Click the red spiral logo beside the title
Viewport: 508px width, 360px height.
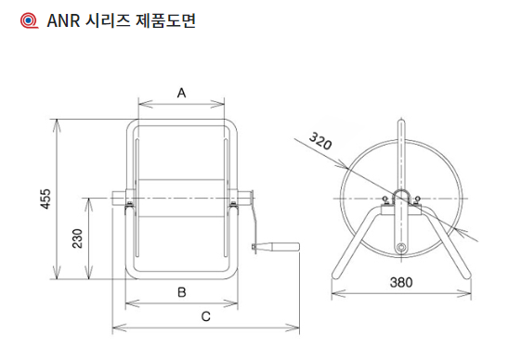point(29,20)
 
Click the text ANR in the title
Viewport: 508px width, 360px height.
point(63,21)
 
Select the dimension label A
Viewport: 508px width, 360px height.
point(181,93)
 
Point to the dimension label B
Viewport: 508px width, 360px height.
point(182,292)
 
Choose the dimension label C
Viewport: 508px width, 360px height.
point(206,316)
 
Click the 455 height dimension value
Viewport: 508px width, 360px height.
point(46,199)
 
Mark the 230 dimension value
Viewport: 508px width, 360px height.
point(77,238)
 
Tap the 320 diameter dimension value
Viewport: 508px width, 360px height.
point(320,141)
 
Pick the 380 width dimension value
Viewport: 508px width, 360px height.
point(401,282)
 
